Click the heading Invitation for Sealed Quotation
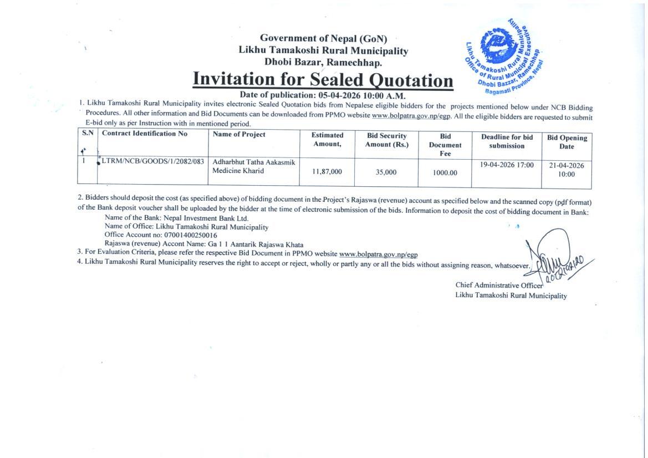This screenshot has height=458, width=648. point(323,79)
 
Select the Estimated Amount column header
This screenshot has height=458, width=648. point(327,139)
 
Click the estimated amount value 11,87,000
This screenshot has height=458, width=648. point(327,172)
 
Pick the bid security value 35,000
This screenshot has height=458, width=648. point(386,172)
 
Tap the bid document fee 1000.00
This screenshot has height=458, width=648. point(445,172)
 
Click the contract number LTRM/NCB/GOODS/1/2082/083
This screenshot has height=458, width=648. point(152,161)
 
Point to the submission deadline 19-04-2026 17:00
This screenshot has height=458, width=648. point(507,165)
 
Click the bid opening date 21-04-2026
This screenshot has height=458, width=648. point(567,165)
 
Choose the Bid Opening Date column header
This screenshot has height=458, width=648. point(567,142)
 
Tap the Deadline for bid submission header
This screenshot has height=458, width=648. point(507,141)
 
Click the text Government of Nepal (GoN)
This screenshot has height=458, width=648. point(323,38)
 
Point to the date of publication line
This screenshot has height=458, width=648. point(322,95)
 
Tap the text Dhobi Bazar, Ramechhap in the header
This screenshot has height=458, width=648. point(323,62)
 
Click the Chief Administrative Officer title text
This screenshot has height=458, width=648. point(499,285)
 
